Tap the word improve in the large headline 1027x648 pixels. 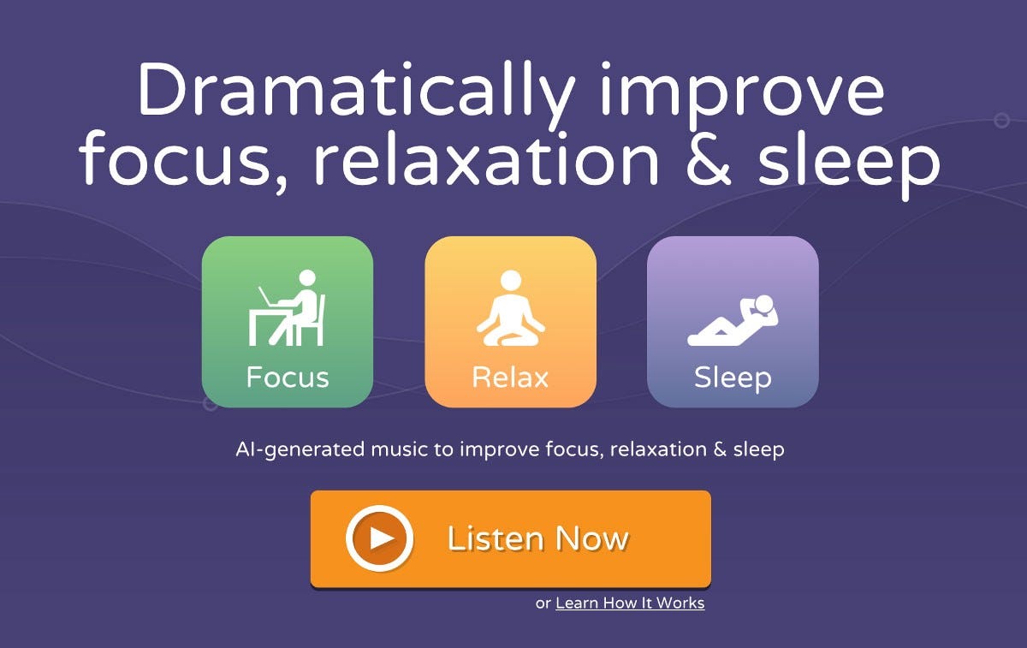point(741,95)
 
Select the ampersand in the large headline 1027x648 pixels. point(708,158)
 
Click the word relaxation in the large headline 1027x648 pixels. point(486,158)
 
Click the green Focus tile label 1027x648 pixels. point(288,377)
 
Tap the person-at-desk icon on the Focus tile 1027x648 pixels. point(287,307)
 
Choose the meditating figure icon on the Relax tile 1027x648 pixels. point(511,307)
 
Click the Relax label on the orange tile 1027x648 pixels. point(510,378)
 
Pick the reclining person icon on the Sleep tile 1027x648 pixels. point(733,320)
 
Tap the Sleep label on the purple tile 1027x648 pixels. point(733,378)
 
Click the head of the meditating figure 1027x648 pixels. point(511,280)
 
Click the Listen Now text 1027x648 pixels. point(537,538)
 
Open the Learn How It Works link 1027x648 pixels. point(630,603)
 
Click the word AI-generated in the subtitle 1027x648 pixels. point(300,449)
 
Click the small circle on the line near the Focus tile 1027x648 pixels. point(210,404)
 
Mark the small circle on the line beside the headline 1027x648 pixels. point(1002,120)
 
